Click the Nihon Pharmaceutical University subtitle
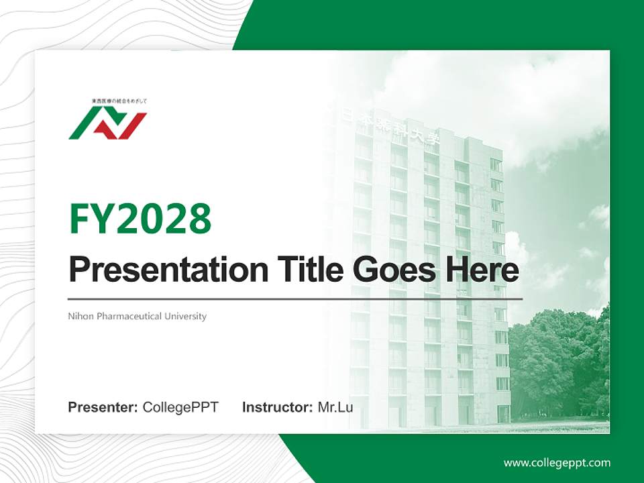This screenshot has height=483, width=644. click(x=138, y=316)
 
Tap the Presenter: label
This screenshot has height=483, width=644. click(x=103, y=407)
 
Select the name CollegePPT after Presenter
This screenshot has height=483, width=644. click(x=180, y=407)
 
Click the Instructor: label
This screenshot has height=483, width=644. click(x=277, y=407)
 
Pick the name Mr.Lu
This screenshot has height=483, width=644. click(x=335, y=407)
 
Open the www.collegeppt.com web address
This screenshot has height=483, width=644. click(x=557, y=463)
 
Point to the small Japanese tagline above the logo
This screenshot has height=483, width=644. click(x=119, y=101)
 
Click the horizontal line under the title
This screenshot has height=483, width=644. click(x=295, y=299)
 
